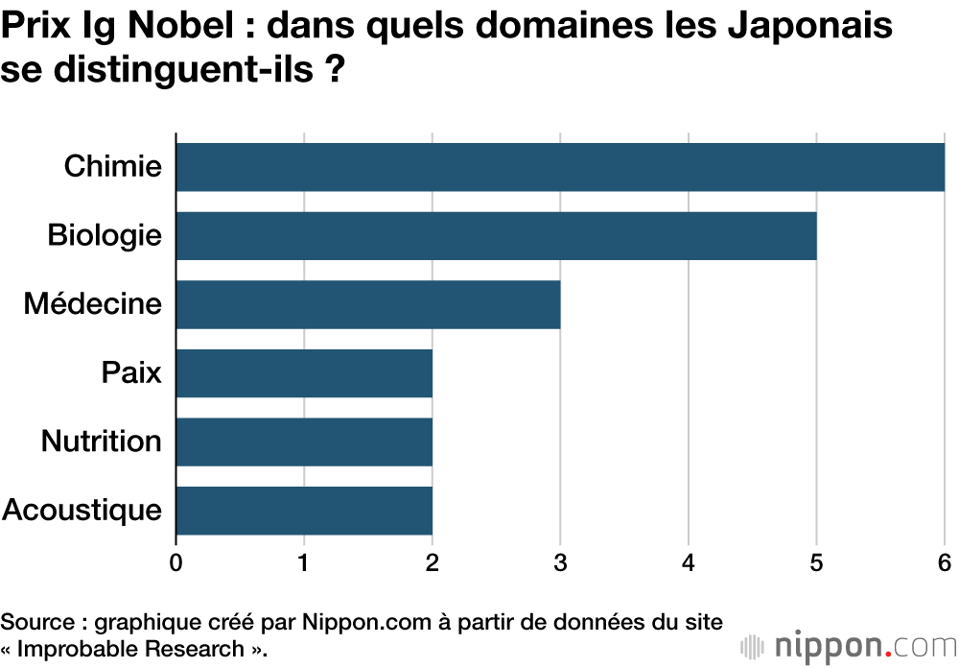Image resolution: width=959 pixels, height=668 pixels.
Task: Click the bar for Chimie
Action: pos(560,167)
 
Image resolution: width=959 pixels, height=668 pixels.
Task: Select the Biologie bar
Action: pos(496,236)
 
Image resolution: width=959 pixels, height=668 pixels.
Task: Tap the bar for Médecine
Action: pos(368,304)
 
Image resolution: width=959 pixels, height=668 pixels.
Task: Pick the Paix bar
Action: pos(304,373)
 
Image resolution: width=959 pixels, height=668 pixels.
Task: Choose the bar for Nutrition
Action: pos(304,441)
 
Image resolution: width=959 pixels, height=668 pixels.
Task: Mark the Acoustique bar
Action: pos(304,511)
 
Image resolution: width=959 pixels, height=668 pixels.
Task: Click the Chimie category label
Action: pos(113,166)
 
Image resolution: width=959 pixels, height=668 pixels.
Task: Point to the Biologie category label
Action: pos(105,235)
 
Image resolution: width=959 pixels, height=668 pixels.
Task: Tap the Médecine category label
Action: pos(93,304)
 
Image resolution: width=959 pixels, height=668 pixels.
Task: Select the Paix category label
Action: pos(131,372)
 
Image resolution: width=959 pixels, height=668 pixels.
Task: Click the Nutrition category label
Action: pos(101,441)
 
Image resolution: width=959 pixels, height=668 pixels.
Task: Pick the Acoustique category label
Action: pos(82,510)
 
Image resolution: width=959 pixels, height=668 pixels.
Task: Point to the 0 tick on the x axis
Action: pos(176,562)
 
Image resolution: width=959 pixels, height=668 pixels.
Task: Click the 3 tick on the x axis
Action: pos(560,562)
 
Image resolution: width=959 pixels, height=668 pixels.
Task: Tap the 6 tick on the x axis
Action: pos(945,562)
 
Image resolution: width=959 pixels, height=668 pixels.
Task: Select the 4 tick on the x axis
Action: pos(689,562)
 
